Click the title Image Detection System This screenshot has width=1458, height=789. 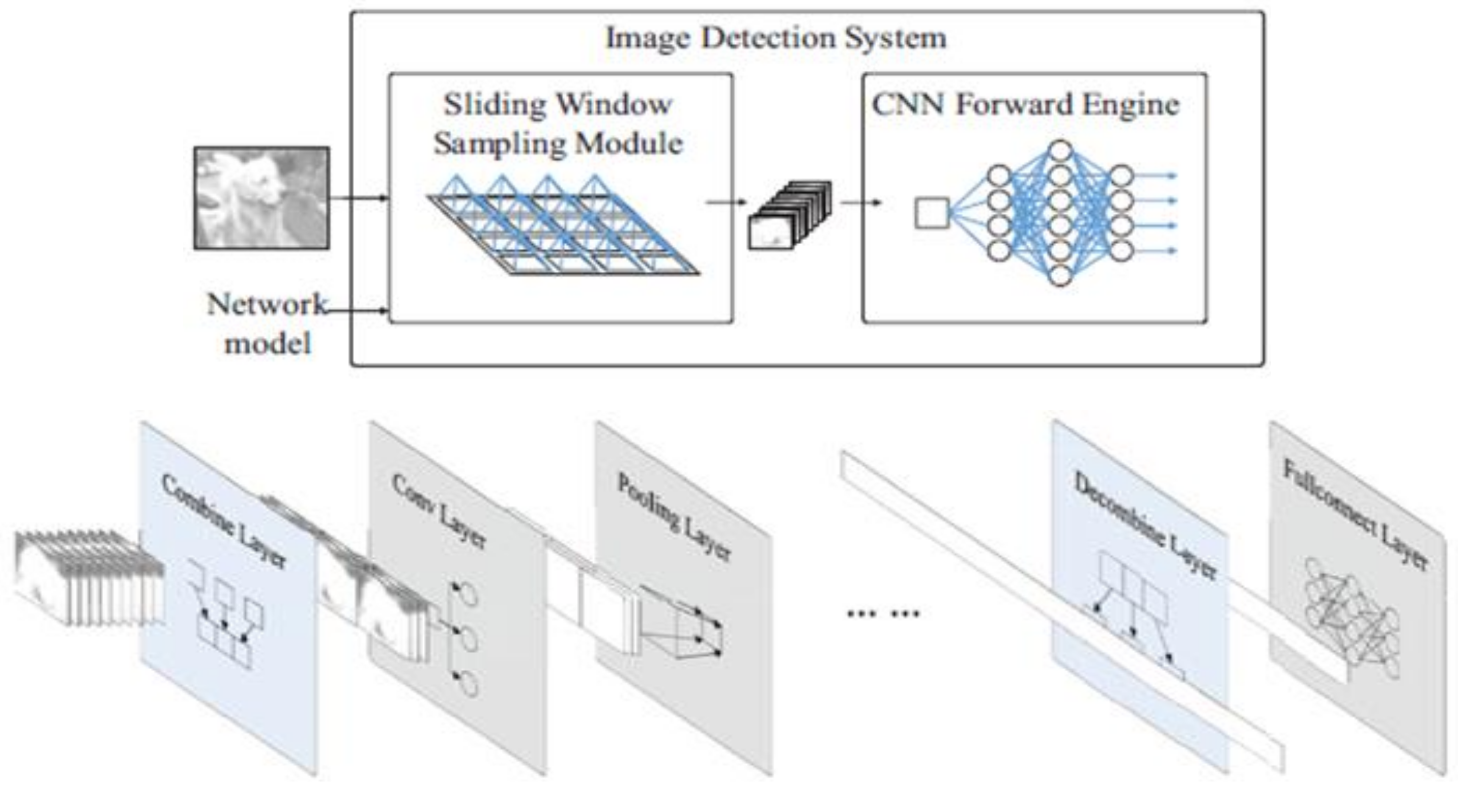tap(776, 39)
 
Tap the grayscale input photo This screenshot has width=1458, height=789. tap(261, 198)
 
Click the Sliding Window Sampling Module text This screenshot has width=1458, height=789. tap(558, 123)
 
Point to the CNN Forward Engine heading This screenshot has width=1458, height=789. tap(1025, 105)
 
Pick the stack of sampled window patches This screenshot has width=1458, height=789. tap(789, 215)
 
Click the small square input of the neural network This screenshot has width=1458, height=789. tap(931, 214)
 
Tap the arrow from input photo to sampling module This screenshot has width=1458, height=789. tap(359, 198)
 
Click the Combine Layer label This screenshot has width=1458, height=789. tap(224, 520)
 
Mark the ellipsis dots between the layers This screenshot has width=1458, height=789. tap(883, 613)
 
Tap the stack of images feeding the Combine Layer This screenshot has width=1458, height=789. tap(88, 577)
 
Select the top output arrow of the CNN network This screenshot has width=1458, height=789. tap(1154, 176)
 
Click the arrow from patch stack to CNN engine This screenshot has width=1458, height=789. tap(860, 202)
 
